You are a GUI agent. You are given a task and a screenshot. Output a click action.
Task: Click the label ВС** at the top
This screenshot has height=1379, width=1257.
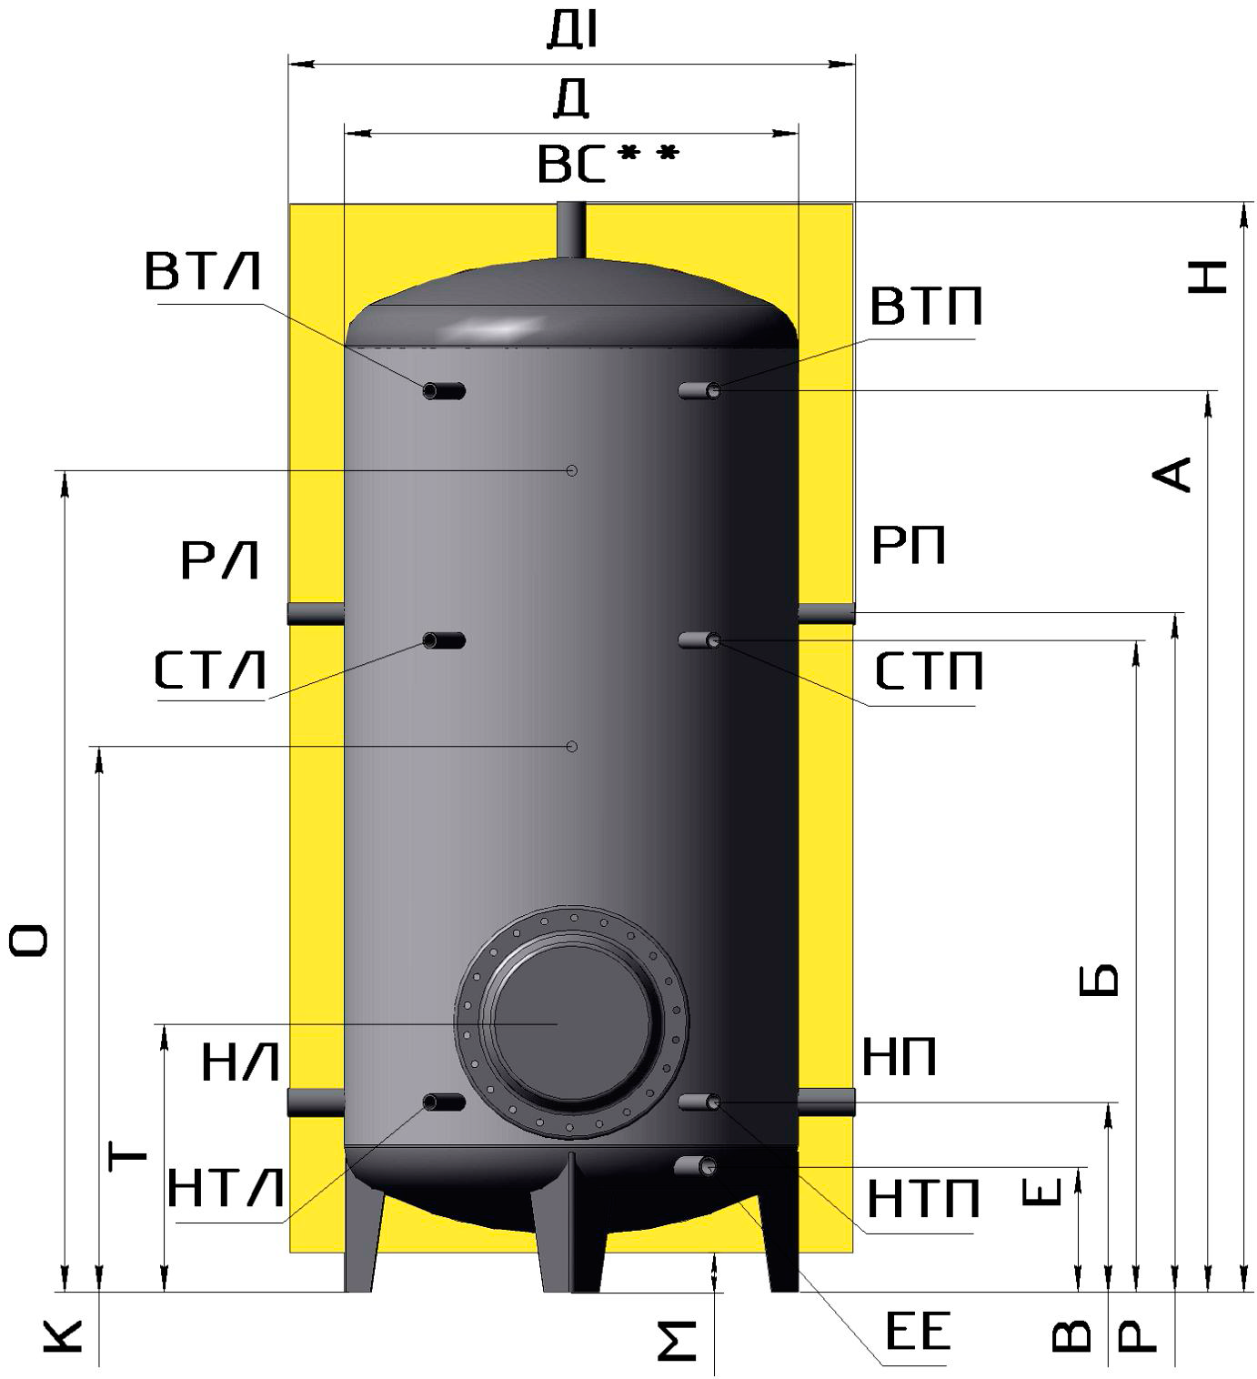(608, 164)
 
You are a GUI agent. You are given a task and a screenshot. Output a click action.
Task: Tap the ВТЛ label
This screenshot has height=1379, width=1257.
(204, 271)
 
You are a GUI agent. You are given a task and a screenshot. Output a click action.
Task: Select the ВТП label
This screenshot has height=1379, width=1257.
(926, 306)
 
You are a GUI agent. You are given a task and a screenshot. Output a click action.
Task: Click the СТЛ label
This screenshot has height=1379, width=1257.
(210, 670)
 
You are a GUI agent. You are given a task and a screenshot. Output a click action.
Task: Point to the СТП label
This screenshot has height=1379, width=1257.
(929, 671)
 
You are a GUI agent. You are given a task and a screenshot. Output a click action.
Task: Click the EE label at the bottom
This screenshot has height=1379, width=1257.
(918, 1330)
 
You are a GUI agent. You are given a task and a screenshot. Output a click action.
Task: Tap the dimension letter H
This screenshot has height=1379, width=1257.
(1208, 277)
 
